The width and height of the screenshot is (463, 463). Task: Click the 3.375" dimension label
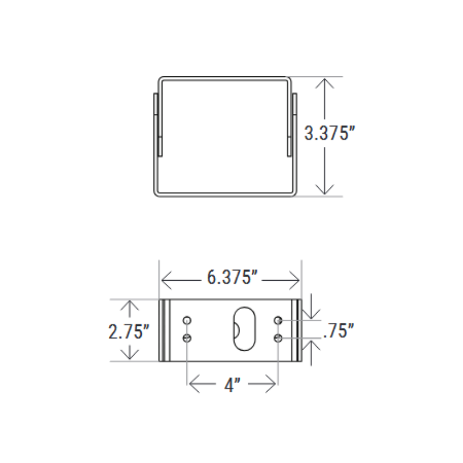[x=329, y=134]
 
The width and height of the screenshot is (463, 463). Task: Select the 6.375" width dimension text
[x=231, y=278]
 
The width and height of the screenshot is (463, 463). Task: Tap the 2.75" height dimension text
[x=128, y=332]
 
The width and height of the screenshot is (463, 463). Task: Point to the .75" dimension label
[x=338, y=331]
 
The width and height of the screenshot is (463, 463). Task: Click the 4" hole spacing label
[x=232, y=384]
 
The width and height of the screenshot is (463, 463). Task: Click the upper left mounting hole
[x=187, y=320]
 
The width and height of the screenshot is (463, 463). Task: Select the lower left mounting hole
[x=187, y=338]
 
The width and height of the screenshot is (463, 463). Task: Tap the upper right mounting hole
[x=278, y=320]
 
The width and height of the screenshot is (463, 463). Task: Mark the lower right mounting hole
[x=278, y=338]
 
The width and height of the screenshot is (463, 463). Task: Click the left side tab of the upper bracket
[x=155, y=124]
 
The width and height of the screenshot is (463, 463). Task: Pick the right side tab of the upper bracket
[x=293, y=124]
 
